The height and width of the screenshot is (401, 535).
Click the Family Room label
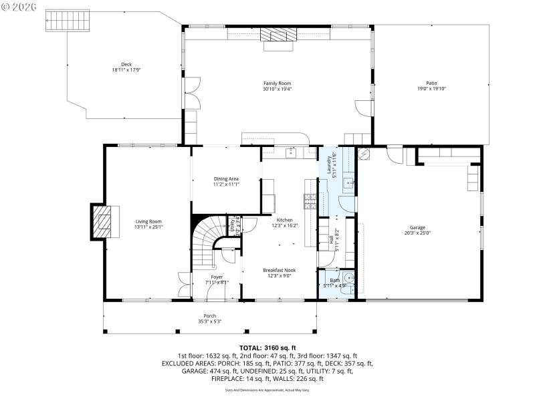click(276, 84)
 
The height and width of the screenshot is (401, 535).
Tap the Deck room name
click(126, 64)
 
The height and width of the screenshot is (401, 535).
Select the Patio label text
click(431, 84)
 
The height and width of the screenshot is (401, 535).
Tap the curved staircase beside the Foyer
click(210, 241)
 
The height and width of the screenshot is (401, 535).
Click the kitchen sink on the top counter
click(292, 153)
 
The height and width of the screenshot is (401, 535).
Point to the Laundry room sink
click(349, 182)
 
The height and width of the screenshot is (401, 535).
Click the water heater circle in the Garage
click(364, 154)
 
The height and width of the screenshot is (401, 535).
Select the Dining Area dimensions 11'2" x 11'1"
click(226, 184)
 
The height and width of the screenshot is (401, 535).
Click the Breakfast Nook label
click(280, 270)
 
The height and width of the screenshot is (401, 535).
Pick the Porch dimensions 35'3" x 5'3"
click(209, 321)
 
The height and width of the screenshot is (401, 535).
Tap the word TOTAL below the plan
click(250, 348)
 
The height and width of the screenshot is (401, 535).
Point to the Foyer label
click(217, 277)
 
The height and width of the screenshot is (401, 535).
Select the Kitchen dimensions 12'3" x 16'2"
click(285, 225)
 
